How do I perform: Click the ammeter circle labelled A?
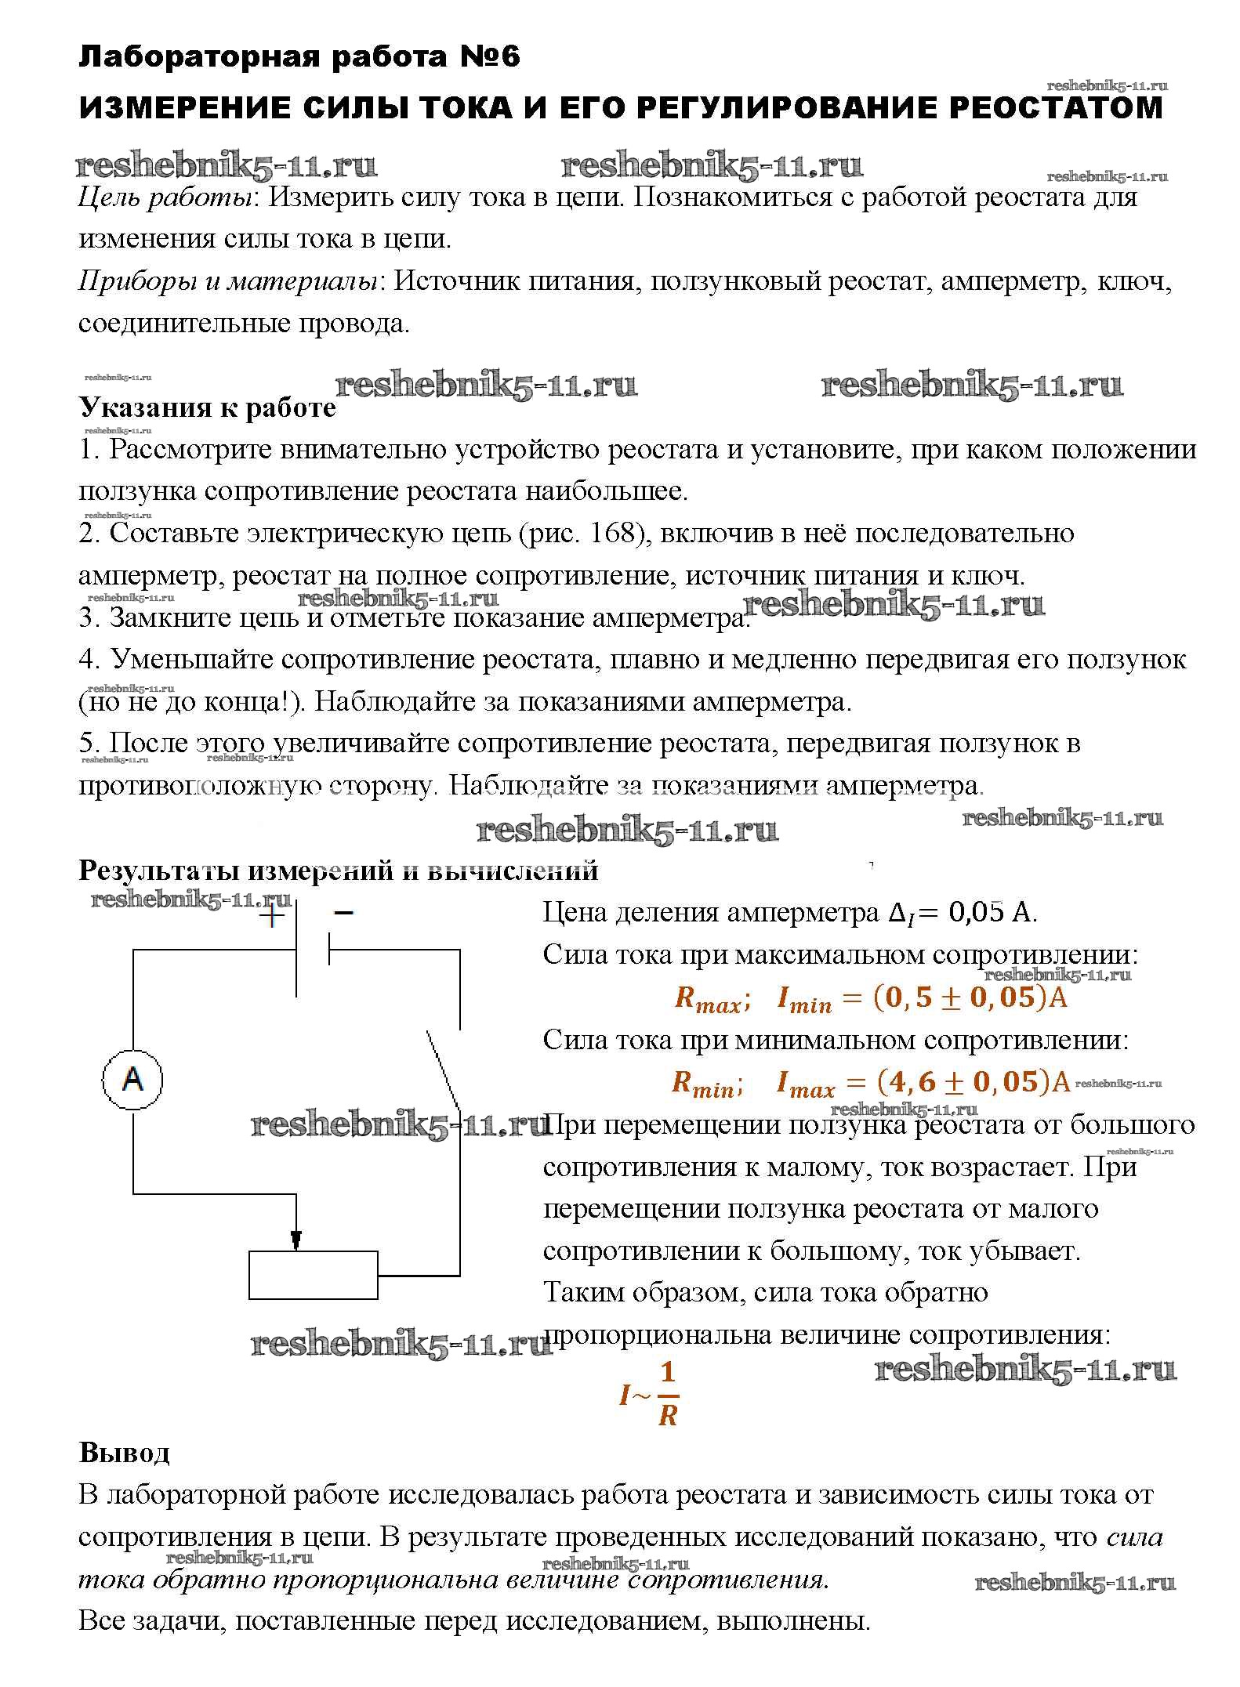pyautogui.click(x=132, y=1080)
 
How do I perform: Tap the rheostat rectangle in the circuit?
pyautogui.click(x=313, y=1275)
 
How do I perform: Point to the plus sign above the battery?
pyautogui.click(x=271, y=915)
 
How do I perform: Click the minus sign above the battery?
pyautogui.click(x=343, y=912)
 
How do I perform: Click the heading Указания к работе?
pyautogui.click(x=208, y=407)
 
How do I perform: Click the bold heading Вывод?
pyautogui.click(x=124, y=1453)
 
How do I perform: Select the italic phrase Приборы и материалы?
pyautogui.click(x=228, y=281)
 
